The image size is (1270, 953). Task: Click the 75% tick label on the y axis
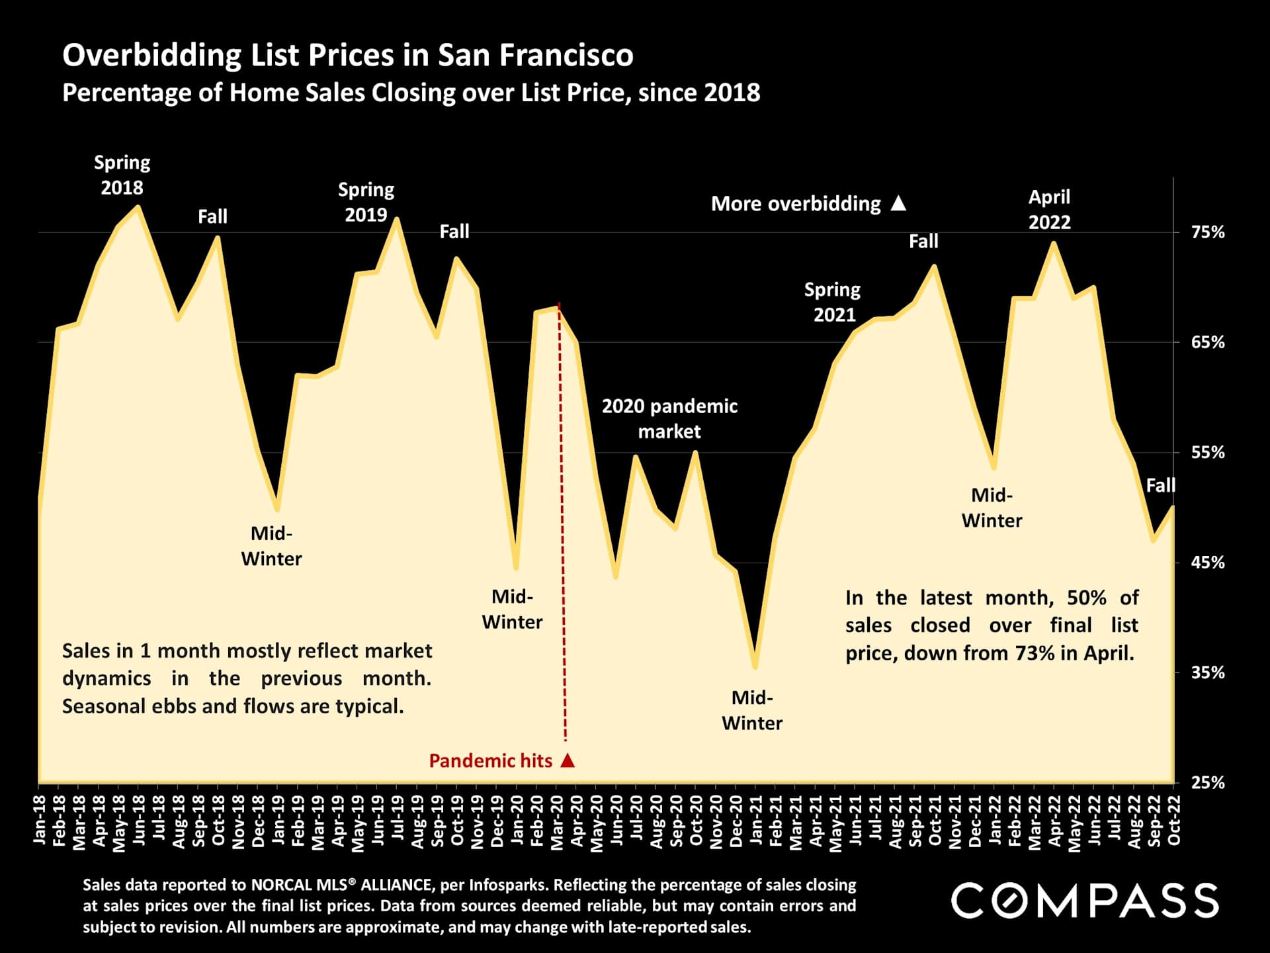[1208, 232]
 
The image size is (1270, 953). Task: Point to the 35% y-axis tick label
[1208, 672]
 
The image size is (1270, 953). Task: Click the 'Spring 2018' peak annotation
[122, 175]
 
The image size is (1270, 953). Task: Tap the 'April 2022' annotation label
[1049, 209]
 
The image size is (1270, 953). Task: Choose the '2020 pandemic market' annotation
[669, 418]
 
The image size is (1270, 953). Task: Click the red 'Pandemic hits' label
[490, 761]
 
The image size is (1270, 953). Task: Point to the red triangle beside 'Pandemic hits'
[568, 760]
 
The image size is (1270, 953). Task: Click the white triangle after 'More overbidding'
[898, 203]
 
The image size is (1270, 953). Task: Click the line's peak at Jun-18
[138, 206]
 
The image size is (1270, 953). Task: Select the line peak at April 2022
[1053, 243]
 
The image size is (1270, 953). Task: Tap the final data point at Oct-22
[1173, 507]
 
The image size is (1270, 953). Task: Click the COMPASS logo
[1084, 901]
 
